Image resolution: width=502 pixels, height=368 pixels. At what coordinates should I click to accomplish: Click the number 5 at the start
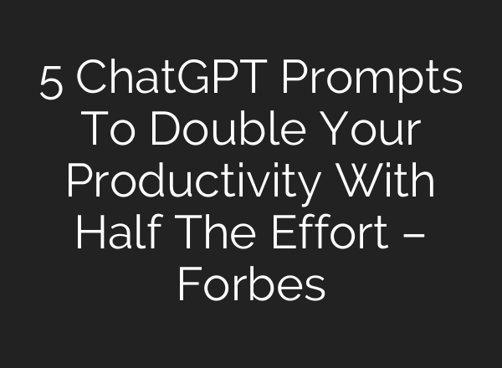coord(51,83)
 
